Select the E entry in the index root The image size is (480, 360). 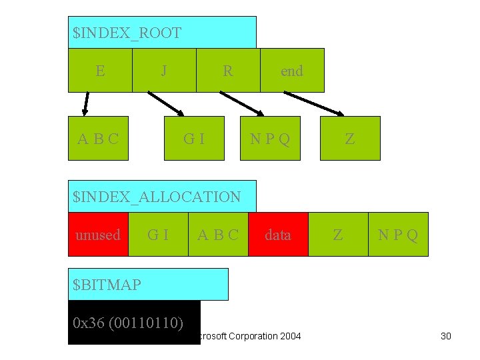click(x=100, y=71)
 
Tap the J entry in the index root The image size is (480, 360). click(x=164, y=71)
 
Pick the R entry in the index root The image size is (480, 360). click(x=228, y=71)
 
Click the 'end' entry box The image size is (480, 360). click(x=292, y=71)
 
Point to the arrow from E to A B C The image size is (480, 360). click(x=85, y=104)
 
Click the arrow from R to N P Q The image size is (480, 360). click(x=242, y=104)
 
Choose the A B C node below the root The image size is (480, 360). click(x=99, y=139)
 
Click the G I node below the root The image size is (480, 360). click(x=195, y=139)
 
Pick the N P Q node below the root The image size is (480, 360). click(x=270, y=139)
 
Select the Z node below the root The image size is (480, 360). click(x=350, y=139)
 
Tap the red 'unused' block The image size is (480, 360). click(x=98, y=235)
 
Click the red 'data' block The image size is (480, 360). click(x=278, y=235)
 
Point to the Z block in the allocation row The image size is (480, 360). click(x=338, y=235)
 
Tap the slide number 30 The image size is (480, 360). click(x=446, y=336)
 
